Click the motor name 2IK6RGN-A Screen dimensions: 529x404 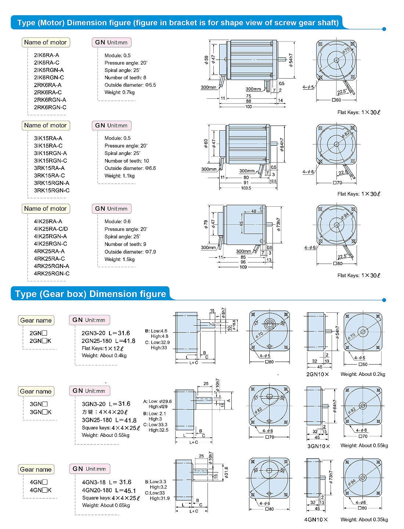tap(48, 70)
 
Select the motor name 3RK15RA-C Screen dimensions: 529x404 tap(49, 175)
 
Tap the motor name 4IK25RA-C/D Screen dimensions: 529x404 tap(51, 229)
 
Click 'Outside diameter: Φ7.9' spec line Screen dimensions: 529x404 tap(130, 252)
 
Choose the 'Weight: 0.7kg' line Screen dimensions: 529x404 tap(119, 93)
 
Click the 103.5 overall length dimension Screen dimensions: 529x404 tap(246, 188)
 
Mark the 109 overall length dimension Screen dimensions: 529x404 tap(243, 267)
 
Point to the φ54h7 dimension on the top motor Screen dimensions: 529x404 tap(291, 59)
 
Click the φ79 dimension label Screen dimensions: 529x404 tap(206, 224)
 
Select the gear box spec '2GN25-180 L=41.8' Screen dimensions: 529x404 tap(108, 341)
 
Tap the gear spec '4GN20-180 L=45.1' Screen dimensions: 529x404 tap(109, 490)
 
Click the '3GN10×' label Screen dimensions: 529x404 tap(318, 446)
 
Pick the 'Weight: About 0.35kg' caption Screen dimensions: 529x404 tap(364, 519)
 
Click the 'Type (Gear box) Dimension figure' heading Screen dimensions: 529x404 tap(90, 294)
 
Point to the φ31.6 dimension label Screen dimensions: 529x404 tap(226, 472)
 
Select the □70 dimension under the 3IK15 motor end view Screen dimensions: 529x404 tap(337, 183)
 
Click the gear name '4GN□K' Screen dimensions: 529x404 tap(40, 490)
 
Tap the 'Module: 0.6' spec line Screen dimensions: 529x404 tap(118, 221)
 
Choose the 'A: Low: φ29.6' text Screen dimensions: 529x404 tap(157, 401)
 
